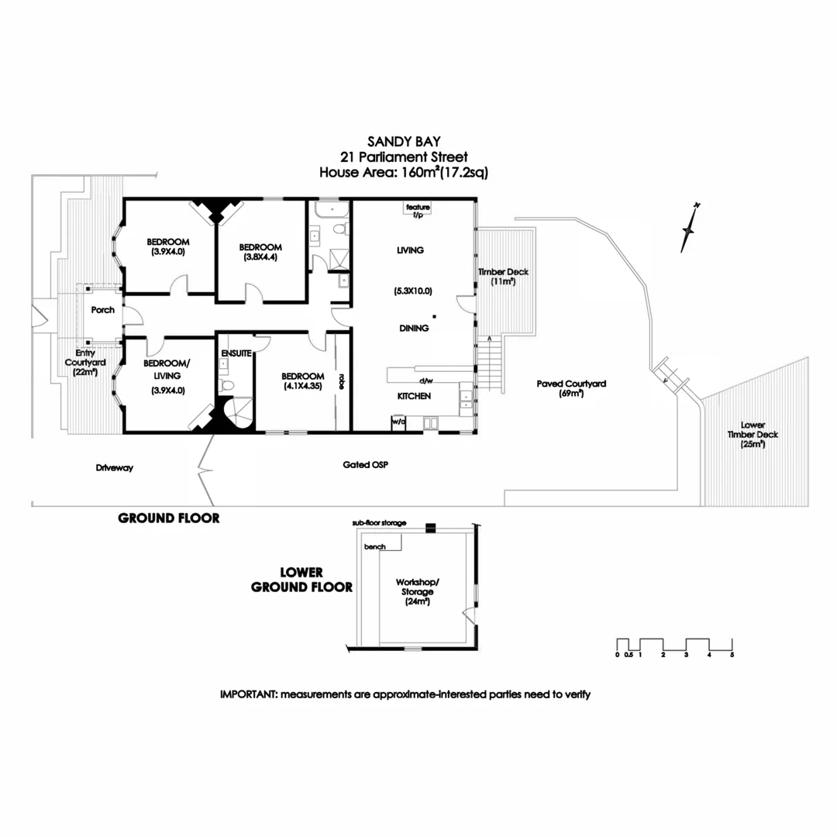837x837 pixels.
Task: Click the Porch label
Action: tap(102, 310)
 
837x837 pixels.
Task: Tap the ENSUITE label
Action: tap(236, 353)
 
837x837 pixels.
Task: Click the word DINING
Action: tap(414, 329)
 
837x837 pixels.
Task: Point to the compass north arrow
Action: tap(688, 229)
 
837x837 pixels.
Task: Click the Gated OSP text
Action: tap(365, 465)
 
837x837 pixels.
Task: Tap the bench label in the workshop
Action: tap(374, 546)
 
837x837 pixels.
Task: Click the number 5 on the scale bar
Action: tap(732, 656)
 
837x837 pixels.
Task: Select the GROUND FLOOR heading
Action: tap(168, 518)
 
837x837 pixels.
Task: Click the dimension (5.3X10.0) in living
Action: tap(412, 291)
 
